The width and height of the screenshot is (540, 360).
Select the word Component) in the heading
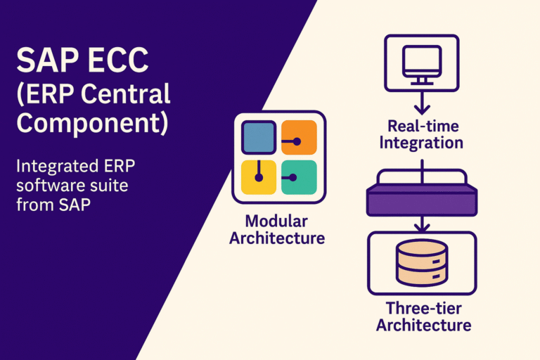tap(92, 122)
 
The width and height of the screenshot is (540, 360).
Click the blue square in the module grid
tap(257, 138)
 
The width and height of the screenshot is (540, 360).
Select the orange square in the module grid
tap(299, 138)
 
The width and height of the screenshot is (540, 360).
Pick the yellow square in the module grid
tap(257, 176)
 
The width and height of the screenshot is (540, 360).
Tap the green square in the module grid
tap(299, 176)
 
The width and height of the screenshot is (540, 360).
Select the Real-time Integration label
tap(421, 135)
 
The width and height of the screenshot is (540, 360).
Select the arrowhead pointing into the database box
tap(420, 226)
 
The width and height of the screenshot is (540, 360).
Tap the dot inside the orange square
tap(297, 141)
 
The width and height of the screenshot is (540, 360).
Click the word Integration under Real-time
tap(421, 143)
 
